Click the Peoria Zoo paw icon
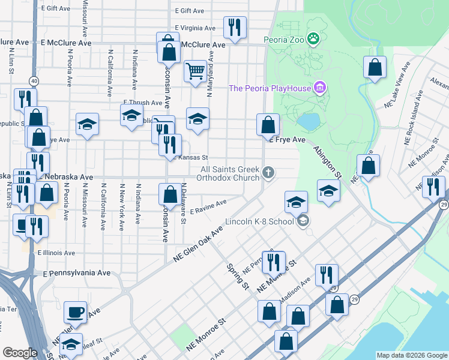pos(313,40)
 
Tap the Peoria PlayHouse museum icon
pos(319,88)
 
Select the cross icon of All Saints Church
pos(268,173)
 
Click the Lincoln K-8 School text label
pos(259,221)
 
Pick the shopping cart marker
pos(195,72)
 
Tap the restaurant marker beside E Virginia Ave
pos(233,28)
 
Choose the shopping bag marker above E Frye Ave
pos(268,125)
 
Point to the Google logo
pos(20,353)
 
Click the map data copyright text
pos(412,355)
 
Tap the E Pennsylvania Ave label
pos(77,272)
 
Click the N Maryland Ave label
pos(210,77)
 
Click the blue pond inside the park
pos(309,122)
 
